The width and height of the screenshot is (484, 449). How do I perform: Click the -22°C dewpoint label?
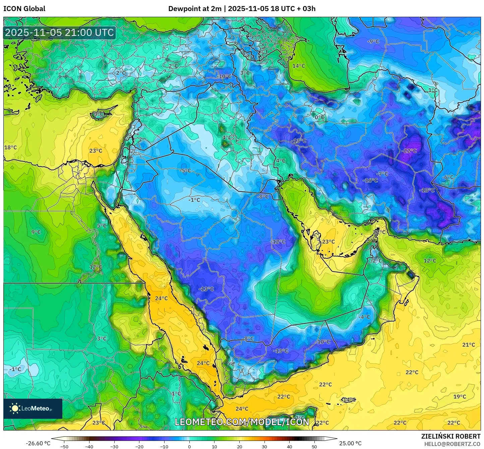point(409,151)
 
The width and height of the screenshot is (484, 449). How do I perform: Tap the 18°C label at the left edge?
point(10,147)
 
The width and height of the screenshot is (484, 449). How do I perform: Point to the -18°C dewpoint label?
point(427,190)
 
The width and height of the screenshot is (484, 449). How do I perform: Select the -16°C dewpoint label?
point(370,180)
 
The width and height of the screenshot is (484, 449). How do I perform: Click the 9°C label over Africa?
point(36,232)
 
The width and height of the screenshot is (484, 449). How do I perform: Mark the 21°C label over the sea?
point(468,345)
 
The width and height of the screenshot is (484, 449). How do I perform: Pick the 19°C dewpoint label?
point(460,396)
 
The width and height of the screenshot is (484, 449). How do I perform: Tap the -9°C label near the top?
point(373,41)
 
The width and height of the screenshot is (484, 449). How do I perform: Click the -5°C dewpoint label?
point(185,170)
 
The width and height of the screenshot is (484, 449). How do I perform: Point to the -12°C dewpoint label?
point(278,242)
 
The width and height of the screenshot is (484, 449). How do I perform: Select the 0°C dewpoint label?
point(319,117)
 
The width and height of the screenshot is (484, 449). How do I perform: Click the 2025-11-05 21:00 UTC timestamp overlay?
point(59,33)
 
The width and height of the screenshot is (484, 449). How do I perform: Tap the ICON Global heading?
point(24,8)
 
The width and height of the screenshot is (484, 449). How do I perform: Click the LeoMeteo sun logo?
point(15,408)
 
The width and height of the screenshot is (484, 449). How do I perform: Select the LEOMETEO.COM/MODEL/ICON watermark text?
point(242,422)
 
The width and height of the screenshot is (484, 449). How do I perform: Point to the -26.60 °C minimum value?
point(38,443)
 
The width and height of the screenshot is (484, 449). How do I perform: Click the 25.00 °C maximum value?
point(350,443)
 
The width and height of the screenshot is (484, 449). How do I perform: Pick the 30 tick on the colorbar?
point(264,446)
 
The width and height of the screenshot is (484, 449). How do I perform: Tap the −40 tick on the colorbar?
point(89,446)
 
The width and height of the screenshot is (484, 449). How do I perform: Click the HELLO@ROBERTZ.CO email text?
point(452,444)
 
